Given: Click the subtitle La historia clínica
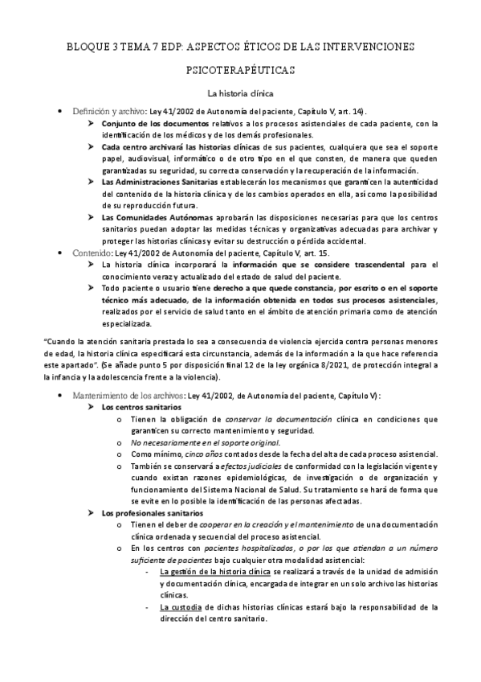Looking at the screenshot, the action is pos(240,92).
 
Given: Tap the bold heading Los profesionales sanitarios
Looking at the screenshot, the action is pos(153,513).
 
